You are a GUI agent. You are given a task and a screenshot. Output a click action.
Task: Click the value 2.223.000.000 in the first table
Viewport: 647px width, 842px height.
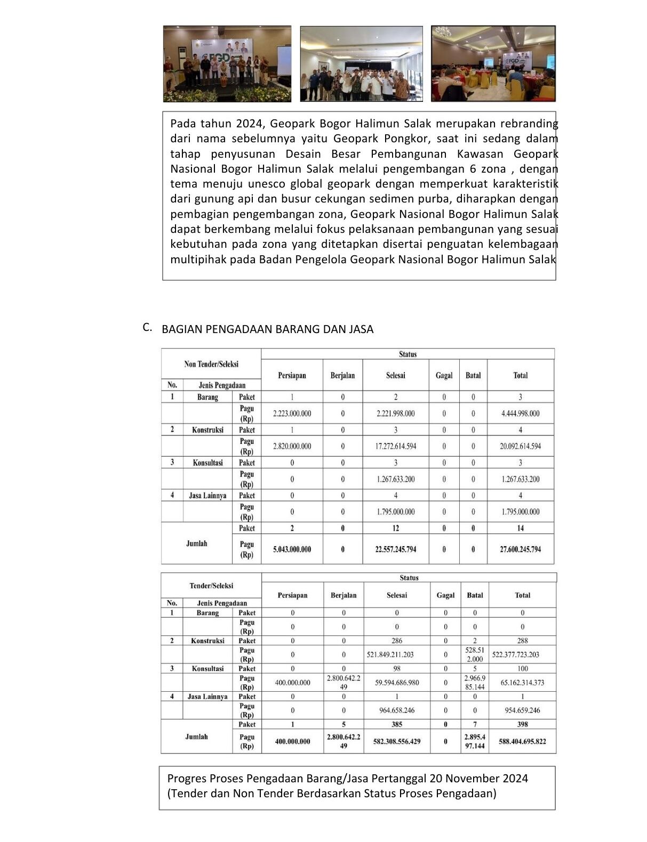tap(292, 414)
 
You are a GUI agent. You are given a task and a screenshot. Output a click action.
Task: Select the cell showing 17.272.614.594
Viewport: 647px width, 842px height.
tap(395, 446)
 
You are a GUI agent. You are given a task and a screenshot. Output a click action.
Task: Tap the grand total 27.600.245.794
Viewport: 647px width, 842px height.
tap(520, 549)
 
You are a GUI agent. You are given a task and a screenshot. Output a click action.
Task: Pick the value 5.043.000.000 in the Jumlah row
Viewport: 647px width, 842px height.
tap(292, 549)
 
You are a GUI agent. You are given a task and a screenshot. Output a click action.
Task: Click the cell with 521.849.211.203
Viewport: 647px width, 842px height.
tap(397, 654)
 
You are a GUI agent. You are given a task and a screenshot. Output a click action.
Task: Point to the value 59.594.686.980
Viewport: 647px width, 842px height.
tap(397, 683)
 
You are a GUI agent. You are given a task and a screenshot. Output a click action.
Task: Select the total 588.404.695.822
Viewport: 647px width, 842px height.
tap(522, 741)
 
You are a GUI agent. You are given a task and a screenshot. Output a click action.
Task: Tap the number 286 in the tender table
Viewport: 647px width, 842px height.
tap(397, 641)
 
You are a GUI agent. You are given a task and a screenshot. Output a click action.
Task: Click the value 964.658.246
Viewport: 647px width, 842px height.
tap(397, 710)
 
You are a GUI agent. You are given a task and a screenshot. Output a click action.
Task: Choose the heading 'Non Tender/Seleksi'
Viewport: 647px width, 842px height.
tap(211, 365)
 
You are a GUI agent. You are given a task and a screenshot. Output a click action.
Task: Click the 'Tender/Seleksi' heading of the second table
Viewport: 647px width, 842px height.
tap(211, 586)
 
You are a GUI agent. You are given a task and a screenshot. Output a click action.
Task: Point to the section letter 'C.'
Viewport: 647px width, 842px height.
tap(148, 327)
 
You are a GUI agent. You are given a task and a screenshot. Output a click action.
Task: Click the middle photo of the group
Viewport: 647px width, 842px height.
tap(361, 64)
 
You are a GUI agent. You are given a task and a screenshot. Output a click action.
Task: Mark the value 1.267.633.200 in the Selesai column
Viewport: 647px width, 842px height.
tap(395, 479)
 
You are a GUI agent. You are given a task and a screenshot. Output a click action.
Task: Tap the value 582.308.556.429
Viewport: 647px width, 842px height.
tap(397, 741)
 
